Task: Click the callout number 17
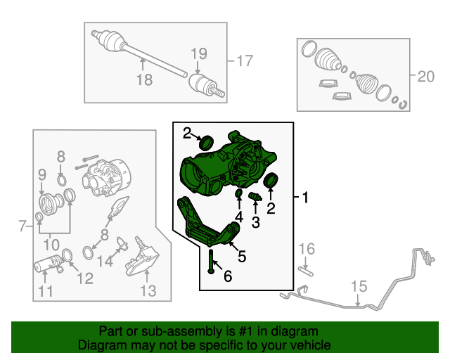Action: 245,61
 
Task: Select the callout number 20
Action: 426,77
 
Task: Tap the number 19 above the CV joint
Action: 199,53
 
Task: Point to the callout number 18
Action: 144,79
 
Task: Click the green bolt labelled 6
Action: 211,262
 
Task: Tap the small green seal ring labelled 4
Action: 239,194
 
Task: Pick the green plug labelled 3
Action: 255,197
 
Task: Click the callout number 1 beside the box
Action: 305,198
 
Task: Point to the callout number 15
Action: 359,286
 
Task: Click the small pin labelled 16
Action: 306,271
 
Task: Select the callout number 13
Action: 148,290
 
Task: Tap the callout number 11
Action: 45,291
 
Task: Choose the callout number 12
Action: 85,278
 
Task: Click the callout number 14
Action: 105,262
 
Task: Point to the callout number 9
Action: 42,174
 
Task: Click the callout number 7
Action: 22,226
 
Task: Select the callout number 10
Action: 51,245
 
